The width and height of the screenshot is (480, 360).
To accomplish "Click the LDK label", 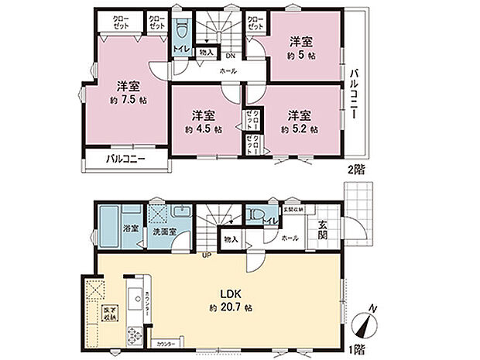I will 235,295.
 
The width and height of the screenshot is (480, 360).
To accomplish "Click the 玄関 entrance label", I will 322,229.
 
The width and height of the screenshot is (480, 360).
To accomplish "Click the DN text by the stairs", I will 231,55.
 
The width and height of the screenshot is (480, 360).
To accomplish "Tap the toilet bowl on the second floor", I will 180,33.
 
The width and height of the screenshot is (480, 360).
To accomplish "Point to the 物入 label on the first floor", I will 230,240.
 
